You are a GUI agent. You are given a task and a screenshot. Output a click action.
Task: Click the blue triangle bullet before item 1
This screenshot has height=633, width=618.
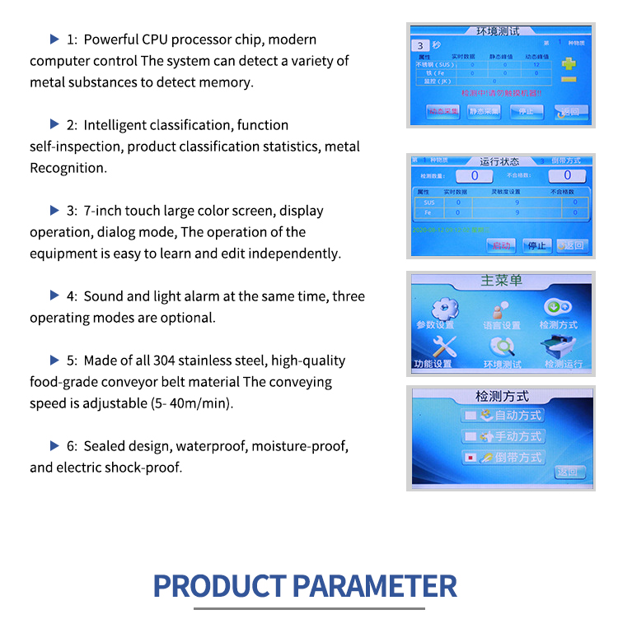click(x=54, y=39)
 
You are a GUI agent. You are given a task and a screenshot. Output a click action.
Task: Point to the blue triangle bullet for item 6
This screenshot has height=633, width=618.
click(x=54, y=445)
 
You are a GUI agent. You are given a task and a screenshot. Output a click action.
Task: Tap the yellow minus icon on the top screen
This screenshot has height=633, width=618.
click(x=568, y=79)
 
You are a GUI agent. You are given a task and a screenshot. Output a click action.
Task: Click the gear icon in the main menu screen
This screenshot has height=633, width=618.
click(x=444, y=307)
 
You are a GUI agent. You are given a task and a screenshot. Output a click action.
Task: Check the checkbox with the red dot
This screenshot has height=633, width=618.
click(x=471, y=457)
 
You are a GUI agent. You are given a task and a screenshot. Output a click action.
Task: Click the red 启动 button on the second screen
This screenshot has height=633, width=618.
click(x=500, y=244)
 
